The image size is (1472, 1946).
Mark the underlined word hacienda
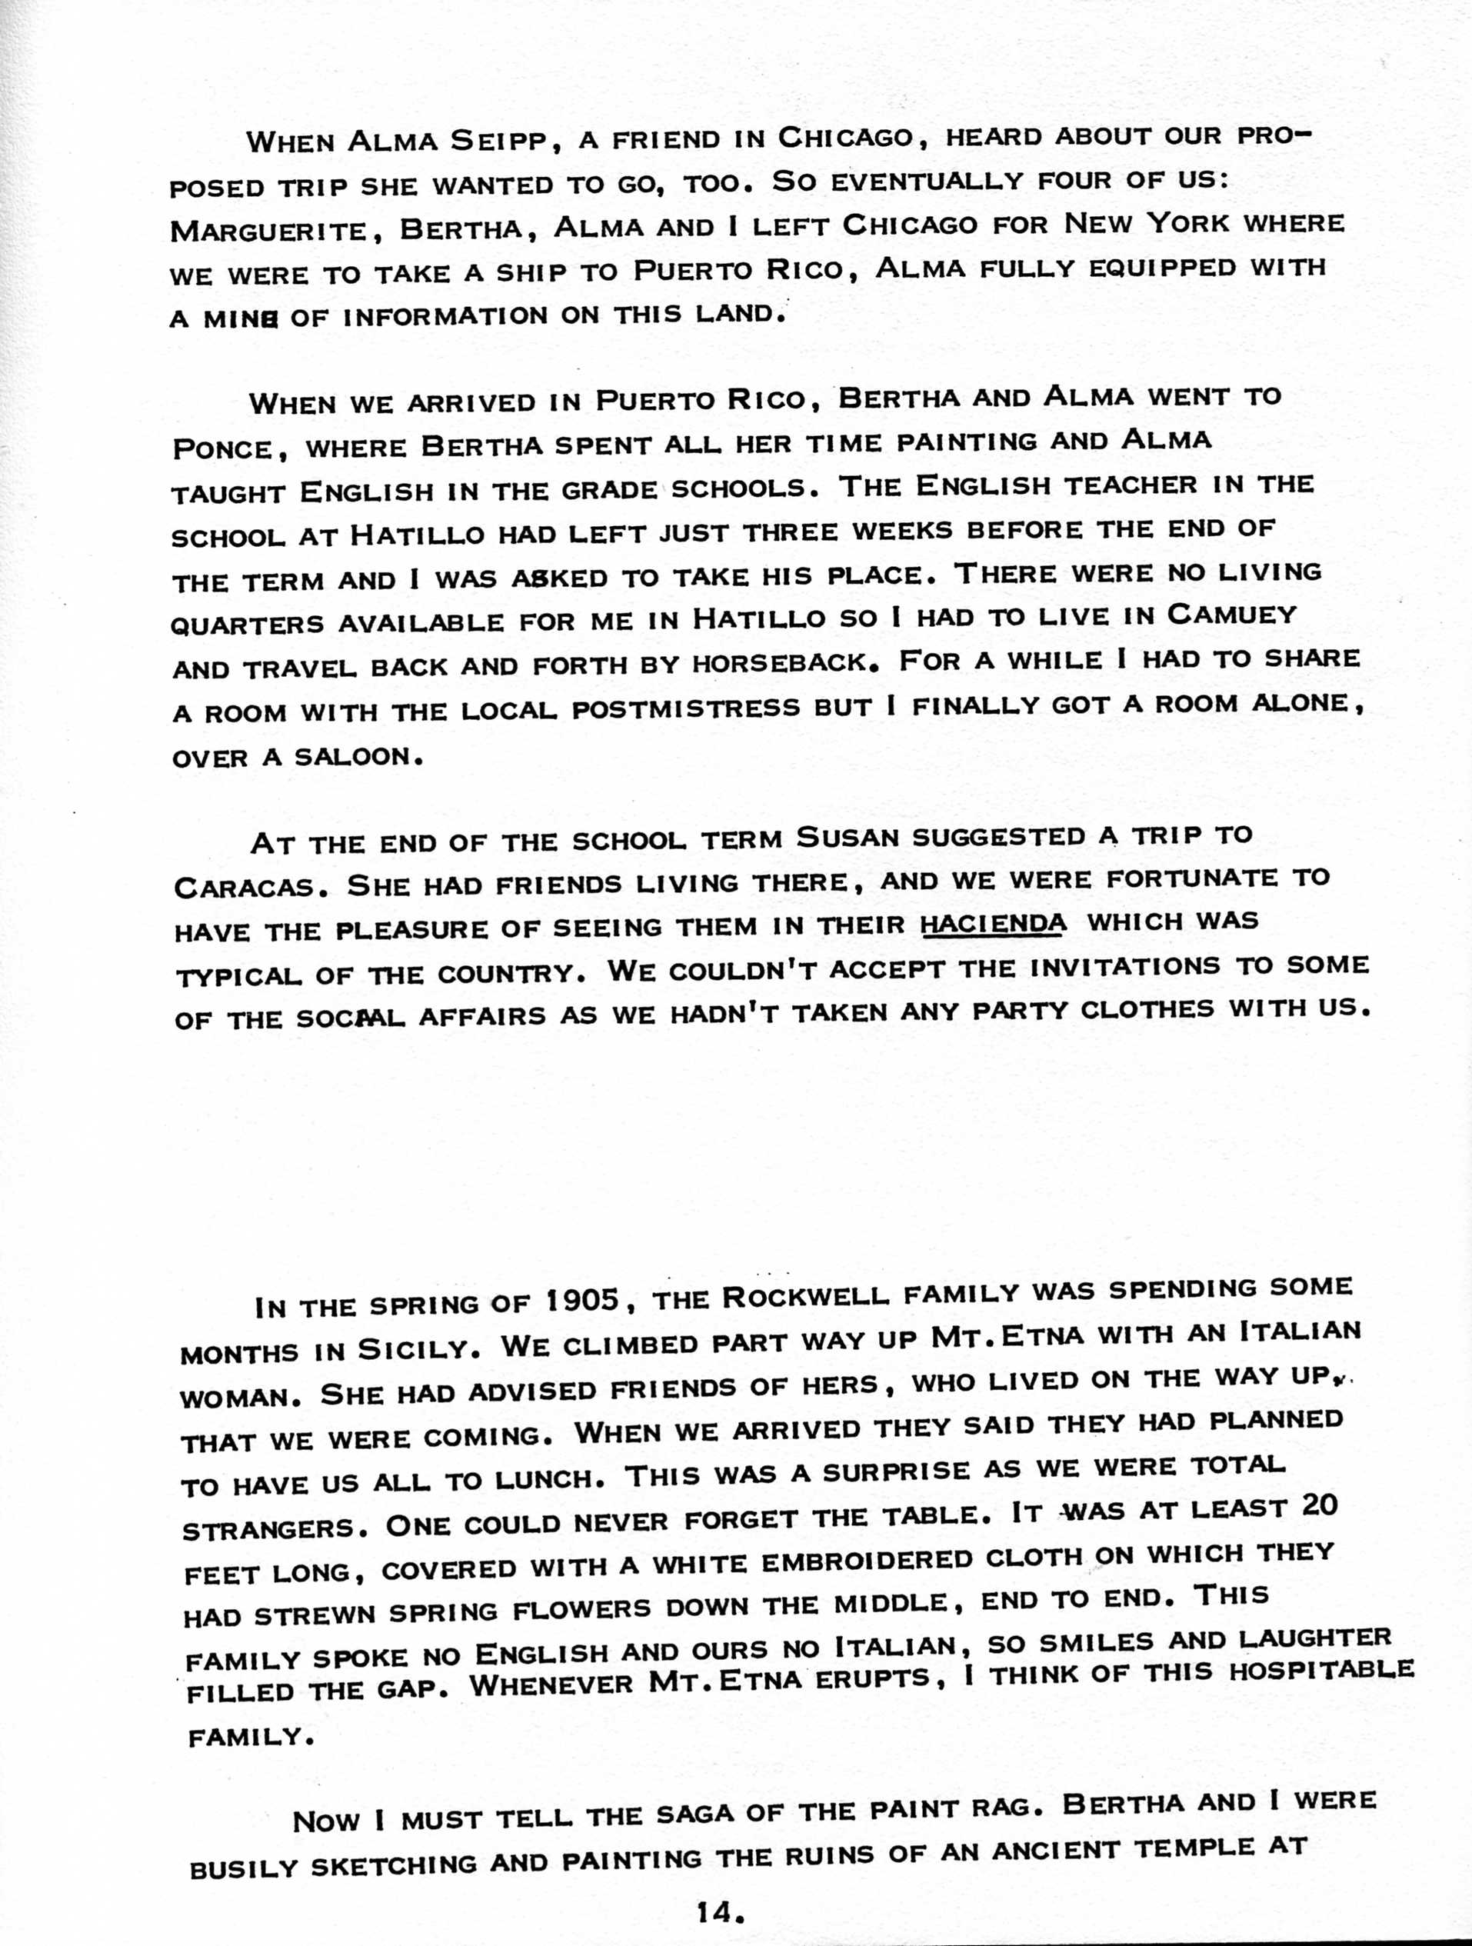click(994, 924)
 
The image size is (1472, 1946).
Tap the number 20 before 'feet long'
click(1318, 1505)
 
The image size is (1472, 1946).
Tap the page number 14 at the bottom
click(721, 1910)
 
